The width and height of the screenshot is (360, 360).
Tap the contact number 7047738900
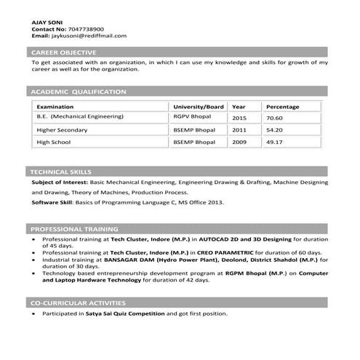click(79, 28)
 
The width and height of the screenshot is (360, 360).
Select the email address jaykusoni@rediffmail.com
click(88, 35)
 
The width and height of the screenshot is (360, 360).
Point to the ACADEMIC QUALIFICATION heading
click(78, 92)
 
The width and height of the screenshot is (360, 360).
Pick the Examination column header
click(55, 106)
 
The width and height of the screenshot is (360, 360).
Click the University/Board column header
click(199, 106)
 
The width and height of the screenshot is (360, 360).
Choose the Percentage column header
click(283, 106)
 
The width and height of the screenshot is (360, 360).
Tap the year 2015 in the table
click(239, 117)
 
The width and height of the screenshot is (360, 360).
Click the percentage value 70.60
click(275, 117)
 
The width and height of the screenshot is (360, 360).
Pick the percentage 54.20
click(275, 129)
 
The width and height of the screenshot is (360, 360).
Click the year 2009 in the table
click(239, 143)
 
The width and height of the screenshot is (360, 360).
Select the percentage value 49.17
click(275, 143)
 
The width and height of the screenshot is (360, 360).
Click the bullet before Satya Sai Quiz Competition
click(34, 313)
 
